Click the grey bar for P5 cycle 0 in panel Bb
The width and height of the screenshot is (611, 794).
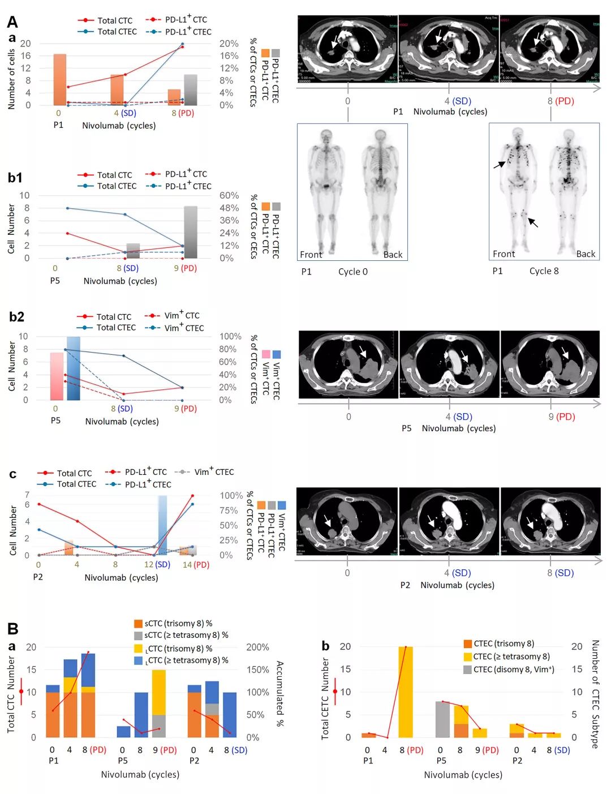tap(442, 719)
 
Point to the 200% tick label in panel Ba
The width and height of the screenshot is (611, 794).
tap(257, 647)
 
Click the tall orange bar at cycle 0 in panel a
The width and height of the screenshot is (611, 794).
tap(59, 79)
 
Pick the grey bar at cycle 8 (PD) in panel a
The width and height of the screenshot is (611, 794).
tap(191, 89)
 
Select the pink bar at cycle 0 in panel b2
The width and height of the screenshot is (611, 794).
tap(57, 376)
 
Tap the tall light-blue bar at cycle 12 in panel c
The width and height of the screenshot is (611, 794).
tap(162, 525)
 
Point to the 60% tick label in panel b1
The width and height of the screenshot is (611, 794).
tap(229, 195)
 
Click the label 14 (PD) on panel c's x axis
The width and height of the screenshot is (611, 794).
tap(196, 564)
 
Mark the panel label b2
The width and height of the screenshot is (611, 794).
tap(16, 316)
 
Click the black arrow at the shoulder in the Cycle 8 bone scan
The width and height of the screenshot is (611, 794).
tap(499, 164)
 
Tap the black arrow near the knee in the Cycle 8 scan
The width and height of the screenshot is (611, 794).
tap(533, 222)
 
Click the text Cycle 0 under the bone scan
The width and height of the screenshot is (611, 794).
tap(352, 272)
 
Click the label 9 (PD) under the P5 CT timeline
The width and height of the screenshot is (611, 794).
tap(561, 417)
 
